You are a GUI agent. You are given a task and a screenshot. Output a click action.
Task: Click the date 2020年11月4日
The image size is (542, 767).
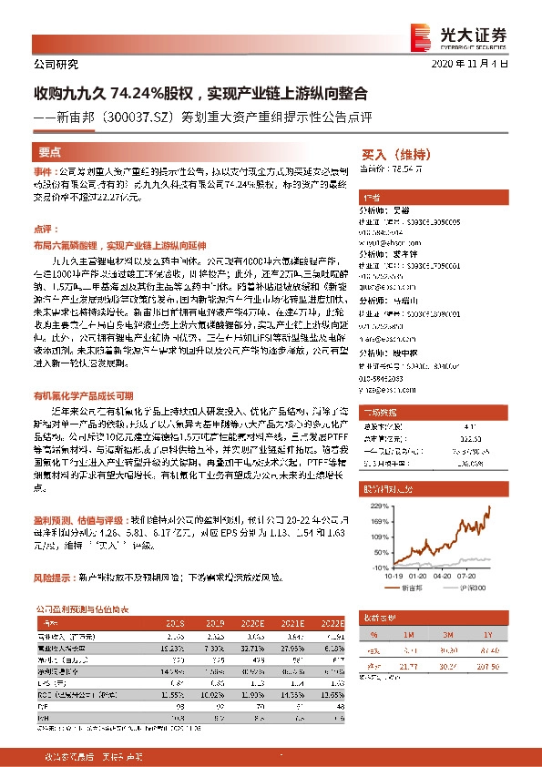click(x=476, y=64)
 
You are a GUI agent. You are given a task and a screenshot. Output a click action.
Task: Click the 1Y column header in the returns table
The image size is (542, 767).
click(x=489, y=635)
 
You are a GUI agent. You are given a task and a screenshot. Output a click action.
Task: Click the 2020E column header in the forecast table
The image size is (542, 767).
click(x=254, y=624)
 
